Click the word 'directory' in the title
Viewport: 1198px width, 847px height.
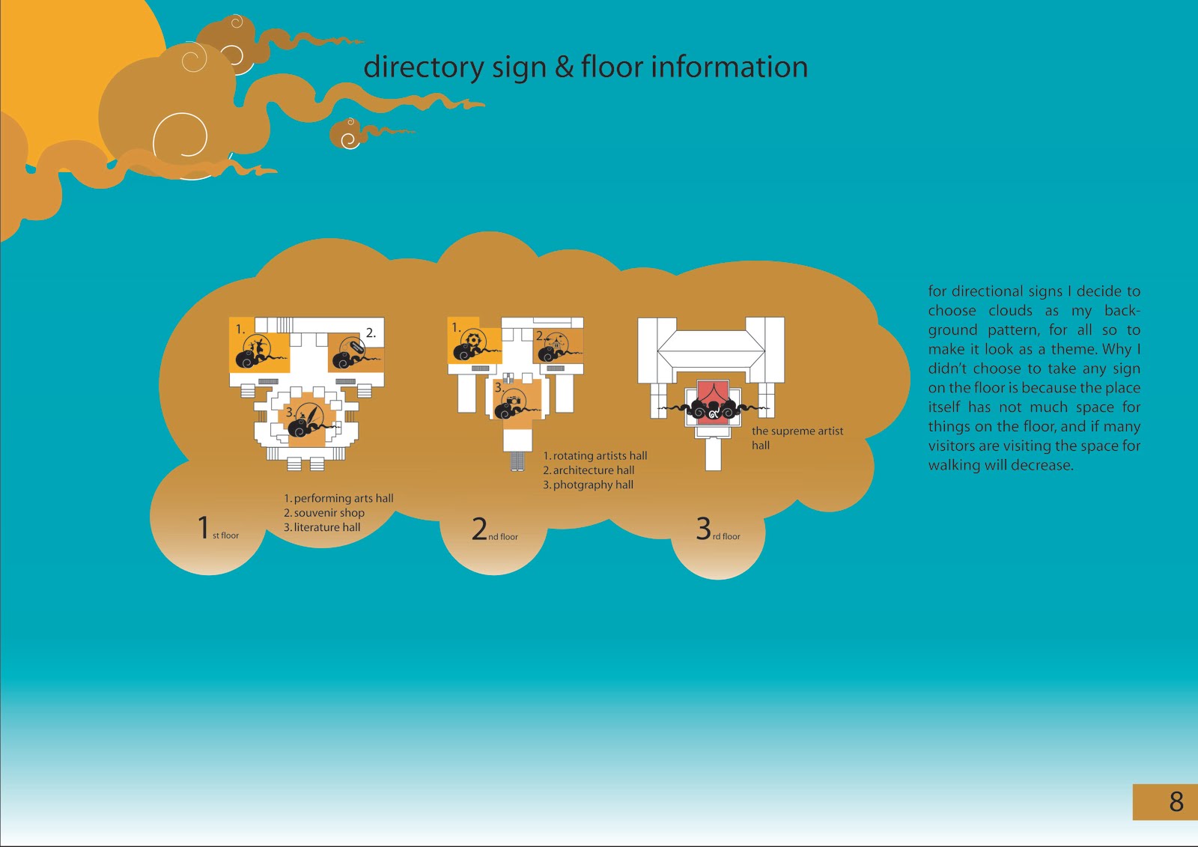point(423,67)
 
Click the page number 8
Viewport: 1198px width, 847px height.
point(1176,802)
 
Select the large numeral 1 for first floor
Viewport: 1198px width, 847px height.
point(203,527)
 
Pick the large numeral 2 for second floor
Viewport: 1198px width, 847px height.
point(479,529)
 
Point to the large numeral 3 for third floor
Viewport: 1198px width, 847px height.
point(703,529)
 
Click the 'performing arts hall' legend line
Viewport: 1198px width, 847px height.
point(338,498)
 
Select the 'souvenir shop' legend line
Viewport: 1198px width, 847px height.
point(324,513)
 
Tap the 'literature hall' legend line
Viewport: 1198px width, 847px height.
point(322,527)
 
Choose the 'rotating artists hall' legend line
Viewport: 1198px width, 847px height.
point(595,455)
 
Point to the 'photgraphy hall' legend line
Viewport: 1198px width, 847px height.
point(589,485)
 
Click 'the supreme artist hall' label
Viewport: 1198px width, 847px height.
point(797,437)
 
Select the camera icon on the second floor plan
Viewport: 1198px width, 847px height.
point(514,402)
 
